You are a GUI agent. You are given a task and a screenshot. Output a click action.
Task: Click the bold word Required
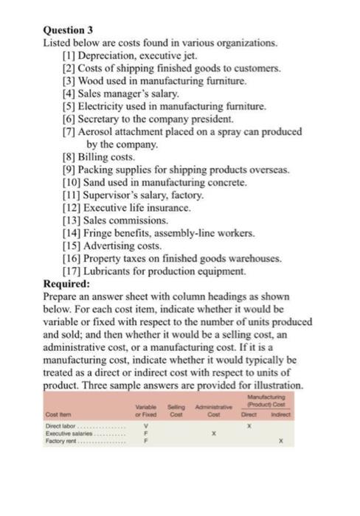67,282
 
